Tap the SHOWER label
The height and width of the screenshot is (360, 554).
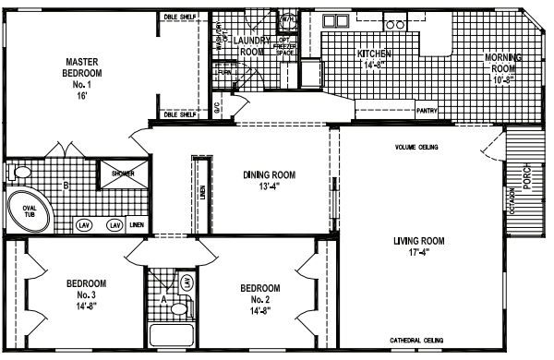click(x=123, y=172)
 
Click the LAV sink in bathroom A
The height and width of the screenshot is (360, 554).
click(x=186, y=282)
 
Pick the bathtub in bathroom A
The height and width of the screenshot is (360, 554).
click(x=172, y=335)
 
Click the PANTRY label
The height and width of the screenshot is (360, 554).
click(x=426, y=111)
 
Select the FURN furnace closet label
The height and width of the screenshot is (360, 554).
click(x=223, y=71)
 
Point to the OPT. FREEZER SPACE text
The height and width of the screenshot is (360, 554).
click(x=286, y=46)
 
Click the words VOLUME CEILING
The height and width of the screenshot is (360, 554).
click(x=415, y=147)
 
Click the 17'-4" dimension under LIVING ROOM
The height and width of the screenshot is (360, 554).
click(x=418, y=254)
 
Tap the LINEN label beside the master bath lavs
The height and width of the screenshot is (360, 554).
click(x=137, y=224)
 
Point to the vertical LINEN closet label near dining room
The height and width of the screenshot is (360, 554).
click(x=202, y=192)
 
